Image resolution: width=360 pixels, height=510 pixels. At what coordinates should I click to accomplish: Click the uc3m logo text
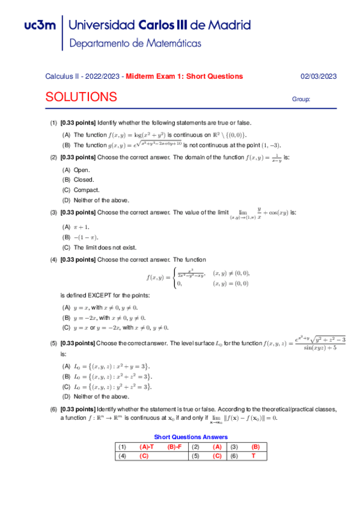pos(40,26)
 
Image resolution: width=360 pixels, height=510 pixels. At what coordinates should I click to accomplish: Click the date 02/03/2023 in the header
pos(318,76)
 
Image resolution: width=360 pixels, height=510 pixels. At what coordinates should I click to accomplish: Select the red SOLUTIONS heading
pos(81,97)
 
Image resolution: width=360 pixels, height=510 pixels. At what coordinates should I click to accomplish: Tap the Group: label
pos(301,99)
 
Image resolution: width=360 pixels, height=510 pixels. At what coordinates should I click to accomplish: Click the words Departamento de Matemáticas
pos(135,44)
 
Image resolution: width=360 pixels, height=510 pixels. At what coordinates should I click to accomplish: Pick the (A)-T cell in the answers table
pos(147,447)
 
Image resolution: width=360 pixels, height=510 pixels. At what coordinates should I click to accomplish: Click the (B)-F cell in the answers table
pos(175,447)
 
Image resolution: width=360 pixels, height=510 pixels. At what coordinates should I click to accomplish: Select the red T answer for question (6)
pos(254,456)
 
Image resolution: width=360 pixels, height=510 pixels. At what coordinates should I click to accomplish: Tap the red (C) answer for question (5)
pos(217,456)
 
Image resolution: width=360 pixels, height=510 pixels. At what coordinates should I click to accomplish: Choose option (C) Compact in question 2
pos(78,190)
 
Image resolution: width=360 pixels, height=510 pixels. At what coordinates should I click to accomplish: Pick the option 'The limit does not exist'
pos(96,247)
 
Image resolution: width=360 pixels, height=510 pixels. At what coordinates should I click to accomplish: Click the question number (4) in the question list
pos(53,260)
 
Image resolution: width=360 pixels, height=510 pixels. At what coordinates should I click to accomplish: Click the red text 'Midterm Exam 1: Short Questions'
pos(184,76)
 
